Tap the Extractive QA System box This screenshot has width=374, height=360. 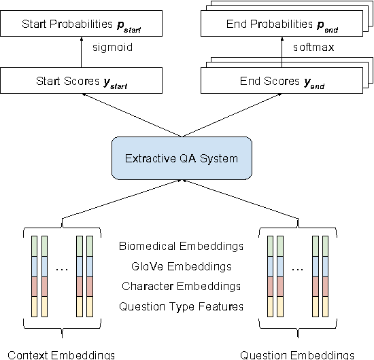[182, 158]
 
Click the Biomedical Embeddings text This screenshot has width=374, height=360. [181, 246]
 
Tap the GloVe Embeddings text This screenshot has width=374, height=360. [181, 266]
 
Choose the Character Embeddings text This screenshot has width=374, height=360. [181, 286]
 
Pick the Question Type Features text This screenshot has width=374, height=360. [181, 306]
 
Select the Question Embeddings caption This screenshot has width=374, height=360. [297, 354]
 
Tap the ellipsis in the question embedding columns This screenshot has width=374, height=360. [298, 270]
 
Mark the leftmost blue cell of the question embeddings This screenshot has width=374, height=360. [270, 266]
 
